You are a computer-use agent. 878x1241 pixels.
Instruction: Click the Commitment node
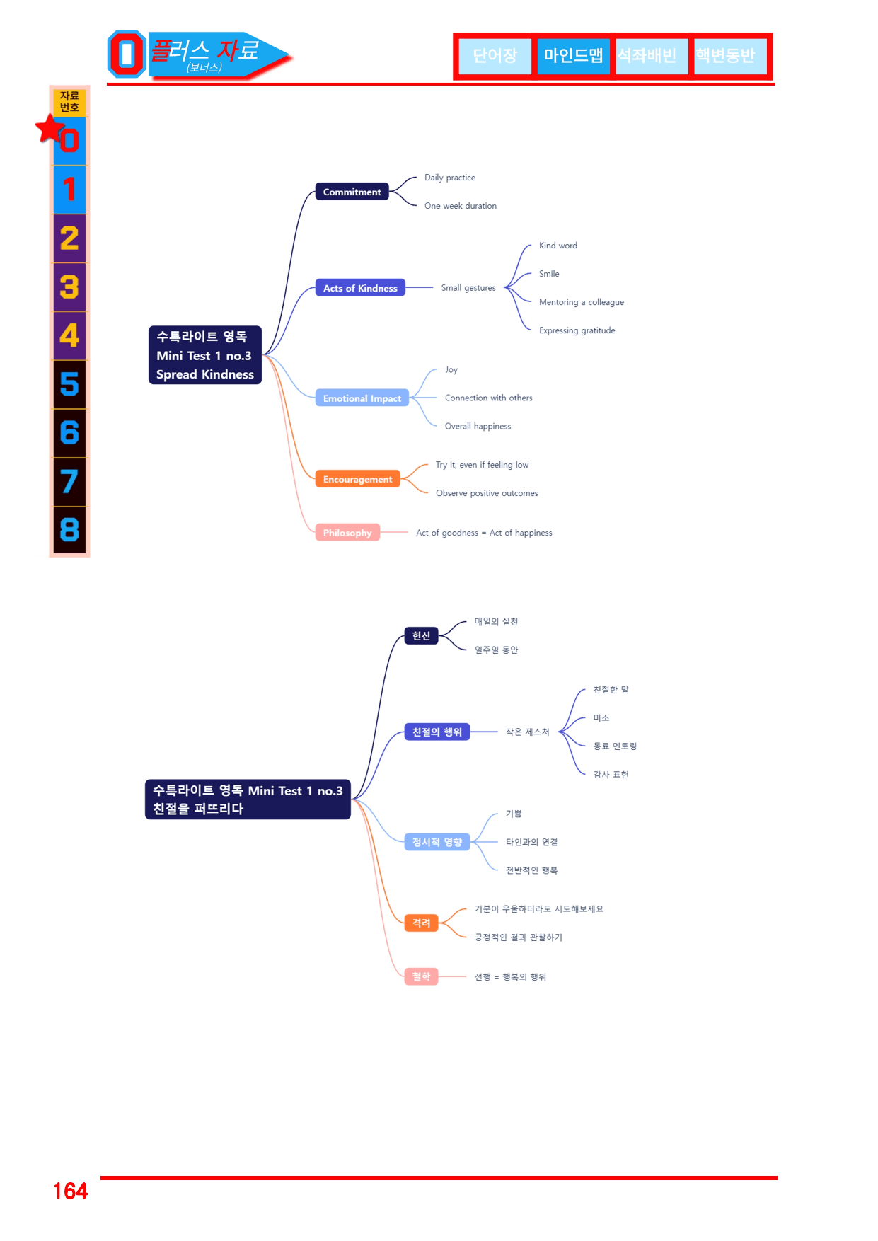[352, 192]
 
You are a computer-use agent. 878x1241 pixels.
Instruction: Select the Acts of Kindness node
[360, 288]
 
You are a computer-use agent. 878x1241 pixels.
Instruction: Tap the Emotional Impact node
[362, 398]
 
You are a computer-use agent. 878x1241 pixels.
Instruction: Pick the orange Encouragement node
[357, 479]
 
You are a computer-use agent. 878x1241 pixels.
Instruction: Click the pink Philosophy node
[347, 533]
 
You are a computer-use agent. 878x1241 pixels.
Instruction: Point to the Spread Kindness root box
[205, 355]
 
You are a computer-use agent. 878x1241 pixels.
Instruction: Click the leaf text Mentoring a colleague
[582, 302]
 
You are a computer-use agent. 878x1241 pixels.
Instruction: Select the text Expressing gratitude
[577, 330]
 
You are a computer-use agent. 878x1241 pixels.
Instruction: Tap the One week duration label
[461, 206]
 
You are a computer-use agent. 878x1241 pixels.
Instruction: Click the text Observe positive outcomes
[487, 493]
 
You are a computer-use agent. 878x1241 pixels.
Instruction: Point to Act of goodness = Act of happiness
[484, 533]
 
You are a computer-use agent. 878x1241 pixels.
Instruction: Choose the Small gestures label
[468, 288]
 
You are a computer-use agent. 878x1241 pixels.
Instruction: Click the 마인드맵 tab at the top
[573, 55]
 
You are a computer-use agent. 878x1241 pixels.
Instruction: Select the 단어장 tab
[495, 55]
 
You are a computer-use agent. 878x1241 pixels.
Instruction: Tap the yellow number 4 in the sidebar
[69, 335]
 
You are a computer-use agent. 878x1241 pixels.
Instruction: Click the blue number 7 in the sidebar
[69, 482]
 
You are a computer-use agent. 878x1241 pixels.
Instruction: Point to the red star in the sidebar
[50, 129]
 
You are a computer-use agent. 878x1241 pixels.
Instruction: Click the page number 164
[71, 1191]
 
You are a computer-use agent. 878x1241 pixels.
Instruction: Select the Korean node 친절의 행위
[437, 732]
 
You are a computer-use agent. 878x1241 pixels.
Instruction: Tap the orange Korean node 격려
[422, 923]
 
